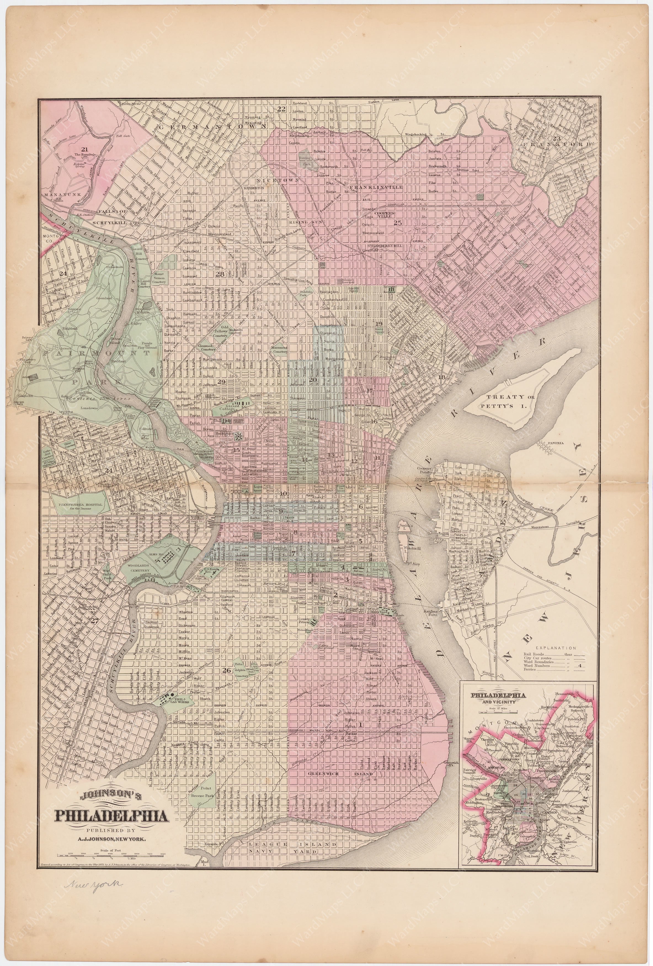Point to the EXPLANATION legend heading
(555, 647)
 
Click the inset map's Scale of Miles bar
(497, 708)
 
